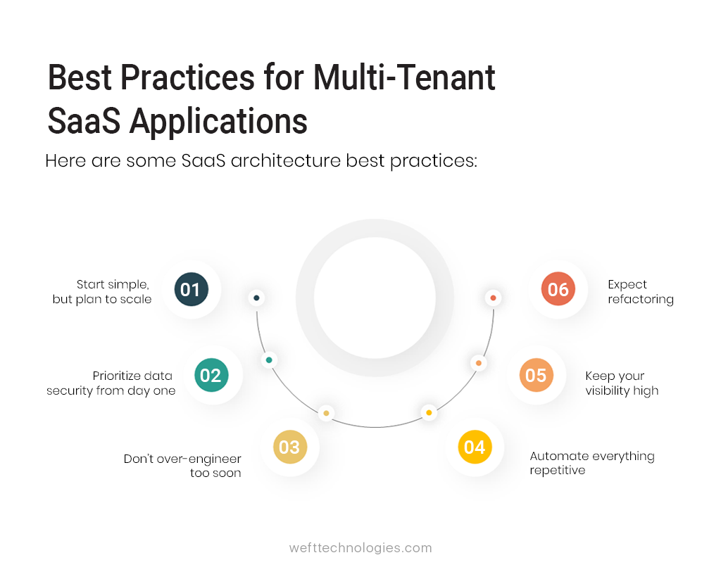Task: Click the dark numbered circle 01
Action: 191,290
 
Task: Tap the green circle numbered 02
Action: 211,376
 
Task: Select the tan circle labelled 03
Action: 289,447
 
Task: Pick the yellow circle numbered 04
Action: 475,447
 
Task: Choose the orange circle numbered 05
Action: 536,376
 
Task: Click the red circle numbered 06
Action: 558,290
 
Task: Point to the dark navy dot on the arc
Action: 256,298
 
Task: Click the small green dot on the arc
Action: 268,360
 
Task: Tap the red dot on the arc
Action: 493,298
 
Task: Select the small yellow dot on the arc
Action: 429,413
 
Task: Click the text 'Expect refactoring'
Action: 640,292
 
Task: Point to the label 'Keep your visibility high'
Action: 622,383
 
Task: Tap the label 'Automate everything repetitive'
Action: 591,463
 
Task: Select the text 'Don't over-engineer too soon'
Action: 183,466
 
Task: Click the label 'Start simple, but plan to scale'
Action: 103,292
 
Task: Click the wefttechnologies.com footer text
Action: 360,548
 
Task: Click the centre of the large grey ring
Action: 375,298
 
